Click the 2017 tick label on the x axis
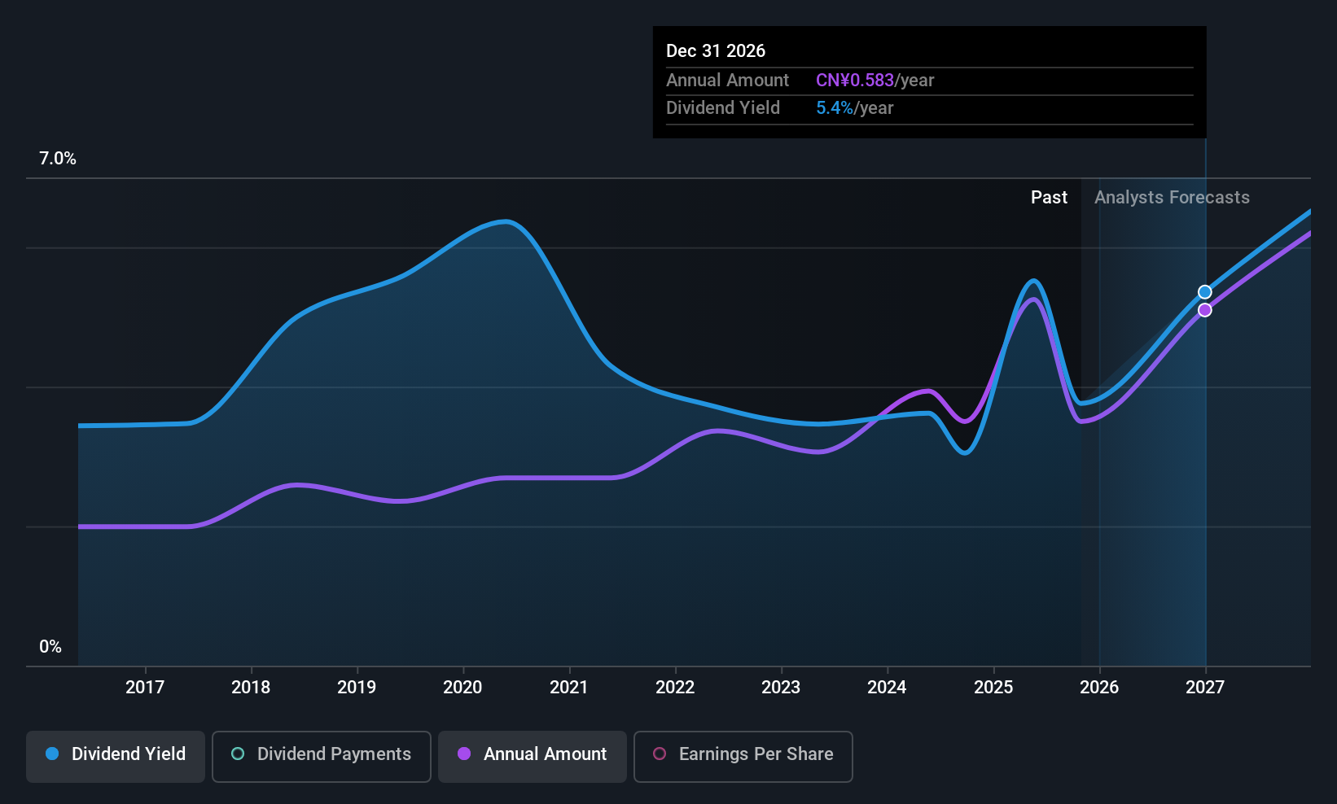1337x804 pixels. [145, 687]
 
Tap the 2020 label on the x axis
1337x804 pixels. [462, 687]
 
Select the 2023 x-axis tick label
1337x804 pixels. [781, 687]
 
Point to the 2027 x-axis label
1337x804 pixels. [1205, 687]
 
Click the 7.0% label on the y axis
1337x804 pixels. [58, 159]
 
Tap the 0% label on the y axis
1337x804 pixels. [50, 647]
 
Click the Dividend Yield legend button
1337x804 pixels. [116, 754]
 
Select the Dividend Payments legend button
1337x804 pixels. [322, 754]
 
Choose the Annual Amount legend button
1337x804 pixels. [533, 754]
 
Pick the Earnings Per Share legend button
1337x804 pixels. [743, 754]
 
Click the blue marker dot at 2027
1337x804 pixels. [1205, 292]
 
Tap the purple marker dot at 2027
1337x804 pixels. [1205, 310]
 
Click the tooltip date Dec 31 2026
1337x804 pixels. [716, 50]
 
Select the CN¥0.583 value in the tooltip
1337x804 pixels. [855, 81]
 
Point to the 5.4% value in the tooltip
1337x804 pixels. [835, 108]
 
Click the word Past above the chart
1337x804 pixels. [1049, 198]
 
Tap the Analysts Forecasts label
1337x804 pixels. [1172, 198]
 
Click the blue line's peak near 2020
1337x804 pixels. [506, 221]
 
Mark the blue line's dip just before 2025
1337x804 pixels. [965, 452]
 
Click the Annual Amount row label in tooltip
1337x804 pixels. [727, 81]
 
